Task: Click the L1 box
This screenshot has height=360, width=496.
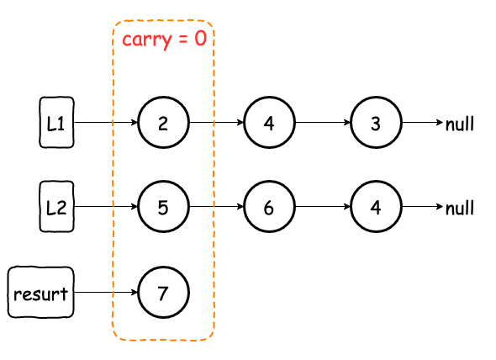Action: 56,122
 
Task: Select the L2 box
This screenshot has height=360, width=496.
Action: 56,207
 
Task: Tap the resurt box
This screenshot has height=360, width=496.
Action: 41,292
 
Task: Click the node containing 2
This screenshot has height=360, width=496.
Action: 163,122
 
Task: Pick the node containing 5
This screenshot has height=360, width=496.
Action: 163,207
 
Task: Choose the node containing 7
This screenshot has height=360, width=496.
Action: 163,292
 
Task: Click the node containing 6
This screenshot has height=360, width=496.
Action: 269,207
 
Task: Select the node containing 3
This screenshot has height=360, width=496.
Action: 376,122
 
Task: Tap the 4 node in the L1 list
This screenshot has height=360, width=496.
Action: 269,122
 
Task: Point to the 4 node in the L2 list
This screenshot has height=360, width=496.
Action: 376,207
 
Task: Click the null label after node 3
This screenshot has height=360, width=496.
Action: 460,124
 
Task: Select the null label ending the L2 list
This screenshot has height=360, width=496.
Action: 460,208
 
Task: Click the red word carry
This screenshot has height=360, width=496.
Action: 147,40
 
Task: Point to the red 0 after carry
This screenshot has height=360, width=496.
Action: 200,39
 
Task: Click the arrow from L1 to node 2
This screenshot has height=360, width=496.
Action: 106,122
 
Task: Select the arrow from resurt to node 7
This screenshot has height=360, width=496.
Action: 106,292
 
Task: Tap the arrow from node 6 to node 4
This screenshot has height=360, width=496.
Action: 323,207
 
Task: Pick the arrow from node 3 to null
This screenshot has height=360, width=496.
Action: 423,122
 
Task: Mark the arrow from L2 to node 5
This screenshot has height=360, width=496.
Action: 106,207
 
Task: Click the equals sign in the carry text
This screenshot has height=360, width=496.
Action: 183,40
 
